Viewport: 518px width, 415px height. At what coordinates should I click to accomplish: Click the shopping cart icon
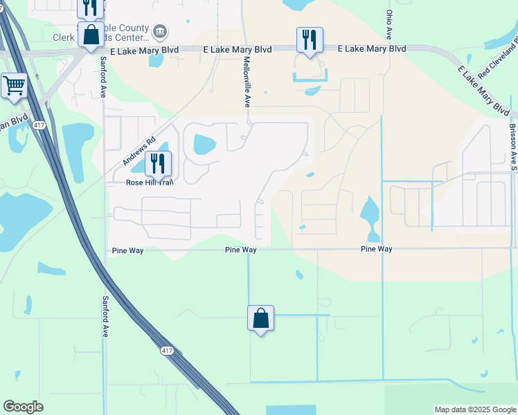click(x=14, y=86)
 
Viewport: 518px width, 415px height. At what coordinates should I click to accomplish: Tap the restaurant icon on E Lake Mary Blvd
click(x=309, y=39)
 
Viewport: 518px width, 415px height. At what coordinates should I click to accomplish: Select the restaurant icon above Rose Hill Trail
click(x=158, y=164)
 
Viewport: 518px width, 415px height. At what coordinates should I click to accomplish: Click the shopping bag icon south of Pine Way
click(x=260, y=318)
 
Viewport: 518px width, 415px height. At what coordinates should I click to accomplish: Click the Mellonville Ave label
click(x=247, y=82)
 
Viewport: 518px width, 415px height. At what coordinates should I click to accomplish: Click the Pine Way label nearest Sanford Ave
click(x=127, y=250)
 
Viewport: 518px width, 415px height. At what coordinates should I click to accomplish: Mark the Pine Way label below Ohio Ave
click(x=377, y=249)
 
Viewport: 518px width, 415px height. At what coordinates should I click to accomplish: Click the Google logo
click(x=23, y=407)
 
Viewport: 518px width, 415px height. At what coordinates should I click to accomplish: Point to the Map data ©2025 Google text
click(x=474, y=409)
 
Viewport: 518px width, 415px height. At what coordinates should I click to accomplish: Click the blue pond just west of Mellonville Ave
click(x=204, y=144)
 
